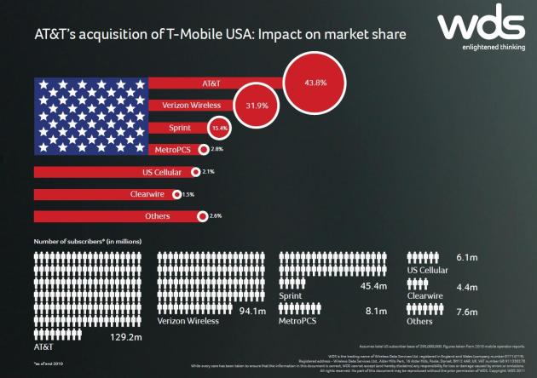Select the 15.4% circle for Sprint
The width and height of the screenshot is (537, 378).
click(220, 128)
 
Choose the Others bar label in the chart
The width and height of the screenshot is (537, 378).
click(158, 216)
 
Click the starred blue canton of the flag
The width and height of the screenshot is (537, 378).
click(90, 114)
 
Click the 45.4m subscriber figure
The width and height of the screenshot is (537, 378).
click(374, 286)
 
